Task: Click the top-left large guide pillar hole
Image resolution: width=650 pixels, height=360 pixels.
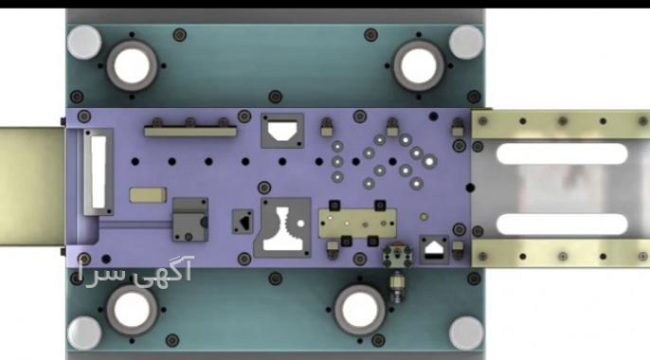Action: [x=132, y=66]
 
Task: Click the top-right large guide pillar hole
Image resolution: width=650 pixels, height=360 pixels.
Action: [x=418, y=66]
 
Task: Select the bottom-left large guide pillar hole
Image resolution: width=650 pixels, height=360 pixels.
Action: [x=132, y=310]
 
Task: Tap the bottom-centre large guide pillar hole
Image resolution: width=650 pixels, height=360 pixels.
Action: [x=359, y=310]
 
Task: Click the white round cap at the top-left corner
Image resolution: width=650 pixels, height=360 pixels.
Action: [x=84, y=42]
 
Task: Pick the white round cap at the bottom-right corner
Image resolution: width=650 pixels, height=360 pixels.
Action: [x=466, y=333]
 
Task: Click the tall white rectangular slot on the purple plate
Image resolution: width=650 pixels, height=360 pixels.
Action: [x=99, y=171]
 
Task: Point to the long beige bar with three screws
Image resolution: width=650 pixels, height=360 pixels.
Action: [x=190, y=131]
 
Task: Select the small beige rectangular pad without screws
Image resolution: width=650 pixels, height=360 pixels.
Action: [x=148, y=195]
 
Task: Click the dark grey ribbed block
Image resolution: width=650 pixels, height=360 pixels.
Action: [x=190, y=220]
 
